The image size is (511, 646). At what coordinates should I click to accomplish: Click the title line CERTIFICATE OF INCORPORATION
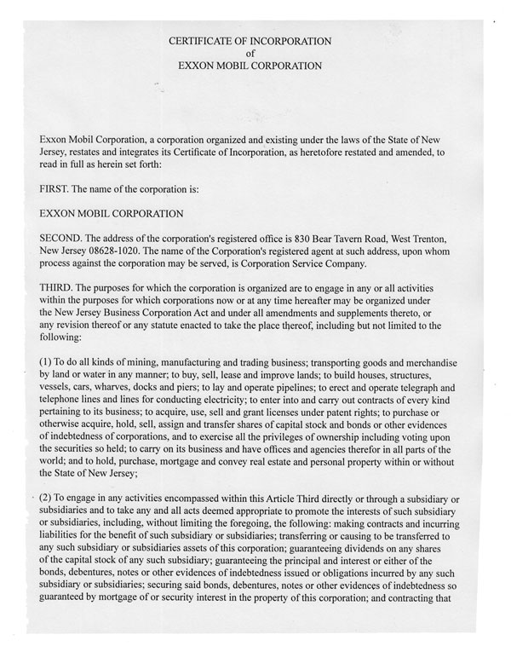(x=250, y=40)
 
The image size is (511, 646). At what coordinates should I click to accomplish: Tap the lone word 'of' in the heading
(x=250, y=52)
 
